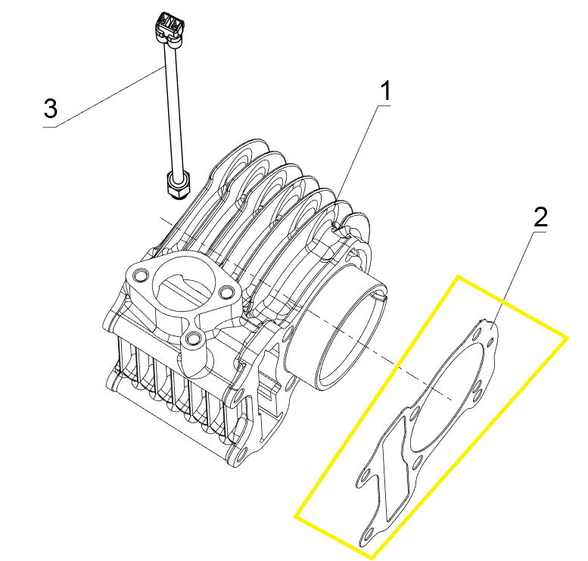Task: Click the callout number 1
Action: tap(384, 93)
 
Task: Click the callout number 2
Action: tap(540, 218)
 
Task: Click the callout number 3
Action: tap(50, 109)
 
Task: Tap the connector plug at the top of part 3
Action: tap(169, 28)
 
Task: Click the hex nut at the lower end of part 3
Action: tap(177, 185)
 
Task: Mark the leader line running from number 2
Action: tap(517, 273)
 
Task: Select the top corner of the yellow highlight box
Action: tap(457, 277)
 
